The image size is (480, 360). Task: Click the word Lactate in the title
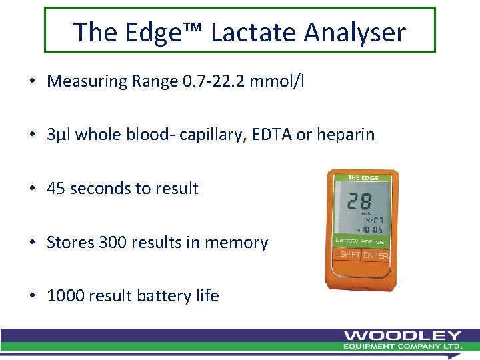coord(247,31)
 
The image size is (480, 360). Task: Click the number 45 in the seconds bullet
coord(57,189)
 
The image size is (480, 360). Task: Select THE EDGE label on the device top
coord(363,178)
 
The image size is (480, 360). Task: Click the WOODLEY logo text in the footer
coord(403,335)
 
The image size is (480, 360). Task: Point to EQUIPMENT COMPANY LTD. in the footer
coord(403,347)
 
